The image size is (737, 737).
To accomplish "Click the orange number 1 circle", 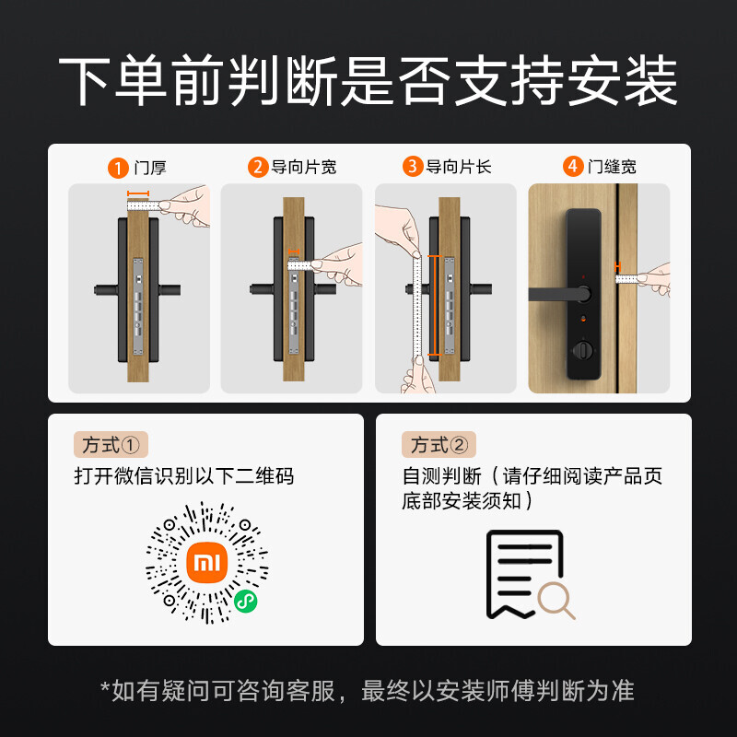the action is click(118, 168).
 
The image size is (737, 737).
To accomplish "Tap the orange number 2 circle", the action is click(258, 167).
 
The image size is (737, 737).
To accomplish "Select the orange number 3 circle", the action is click(413, 167).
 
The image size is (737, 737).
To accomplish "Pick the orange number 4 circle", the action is click(573, 167).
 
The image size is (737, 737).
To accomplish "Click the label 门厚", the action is click(150, 168).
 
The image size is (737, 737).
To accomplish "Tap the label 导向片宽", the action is click(304, 167).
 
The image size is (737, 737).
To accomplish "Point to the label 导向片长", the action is click(458, 167).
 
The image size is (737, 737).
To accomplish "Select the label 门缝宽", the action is click(612, 167).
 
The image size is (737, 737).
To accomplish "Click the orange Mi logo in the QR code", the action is click(206, 562).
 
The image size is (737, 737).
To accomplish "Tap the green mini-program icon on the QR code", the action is click(246, 602).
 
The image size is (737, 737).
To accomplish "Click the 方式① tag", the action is click(111, 445).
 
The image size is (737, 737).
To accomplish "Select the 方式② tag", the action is click(439, 445).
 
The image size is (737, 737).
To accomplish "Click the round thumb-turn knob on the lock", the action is click(582, 351).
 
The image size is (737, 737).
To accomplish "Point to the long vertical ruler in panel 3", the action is click(417, 306).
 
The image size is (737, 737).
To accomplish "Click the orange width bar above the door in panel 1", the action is click(138, 193).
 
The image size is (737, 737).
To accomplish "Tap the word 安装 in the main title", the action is click(623, 80).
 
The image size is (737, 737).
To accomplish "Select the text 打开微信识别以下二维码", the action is click(184, 476).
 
